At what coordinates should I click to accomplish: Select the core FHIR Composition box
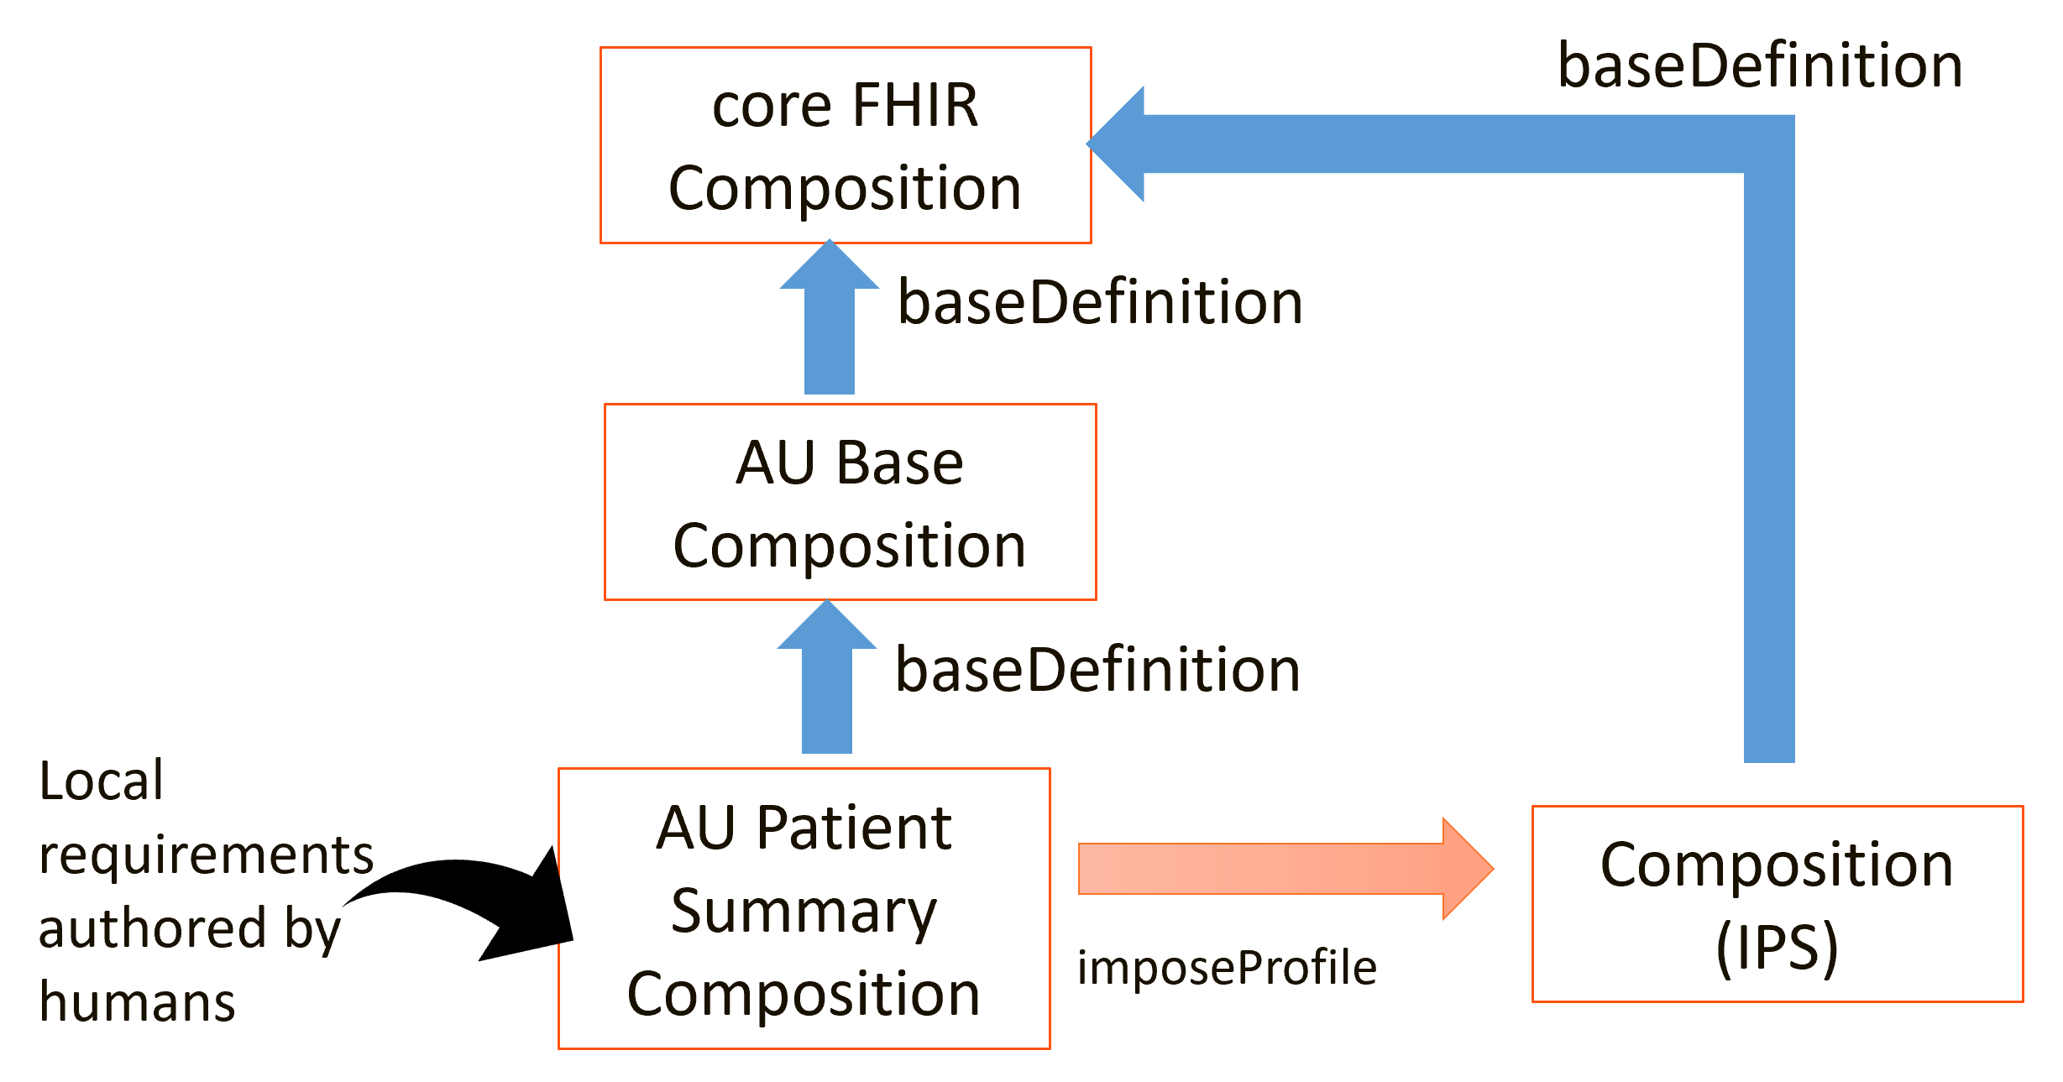click(846, 145)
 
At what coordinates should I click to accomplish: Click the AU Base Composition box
click(850, 502)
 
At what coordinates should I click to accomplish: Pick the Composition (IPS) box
click(1778, 904)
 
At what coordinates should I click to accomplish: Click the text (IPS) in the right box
click(1778, 948)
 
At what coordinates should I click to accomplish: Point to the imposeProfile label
click(1227, 968)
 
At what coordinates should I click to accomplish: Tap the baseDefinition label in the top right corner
click(1760, 65)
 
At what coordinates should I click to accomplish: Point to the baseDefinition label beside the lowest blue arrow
click(1097, 670)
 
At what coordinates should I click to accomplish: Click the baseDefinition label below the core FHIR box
click(1100, 302)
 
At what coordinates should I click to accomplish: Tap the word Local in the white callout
click(101, 781)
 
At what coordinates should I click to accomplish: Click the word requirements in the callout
click(206, 855)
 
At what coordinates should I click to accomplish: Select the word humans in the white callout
click(137, 1002)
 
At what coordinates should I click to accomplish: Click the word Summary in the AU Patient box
click(804, 911)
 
